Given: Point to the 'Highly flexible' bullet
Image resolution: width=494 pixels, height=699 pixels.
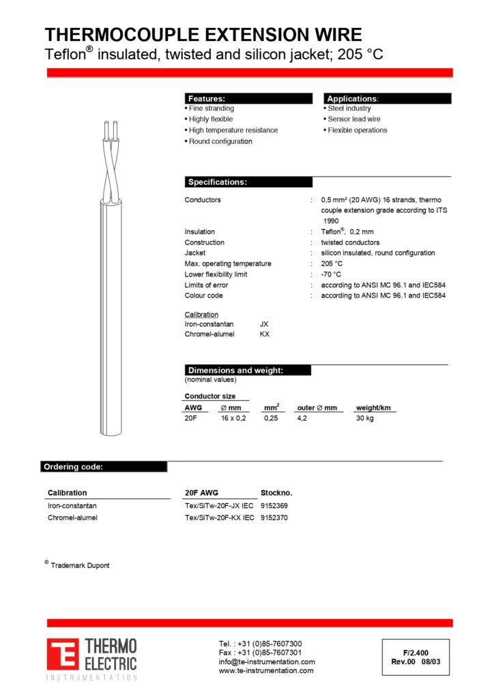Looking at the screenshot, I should point(211,119).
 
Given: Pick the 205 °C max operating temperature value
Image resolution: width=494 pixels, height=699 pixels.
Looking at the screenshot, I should point(332,263).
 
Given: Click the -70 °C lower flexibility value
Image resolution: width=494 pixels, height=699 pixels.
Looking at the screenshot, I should point(331,274).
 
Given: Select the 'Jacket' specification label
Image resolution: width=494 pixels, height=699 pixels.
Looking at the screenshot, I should point(195,253).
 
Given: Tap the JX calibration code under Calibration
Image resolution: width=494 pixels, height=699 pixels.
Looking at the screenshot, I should point(265,324).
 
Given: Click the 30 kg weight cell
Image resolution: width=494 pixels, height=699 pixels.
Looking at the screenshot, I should point(365,418).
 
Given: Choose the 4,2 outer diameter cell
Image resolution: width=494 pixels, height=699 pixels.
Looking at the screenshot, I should point(302,418).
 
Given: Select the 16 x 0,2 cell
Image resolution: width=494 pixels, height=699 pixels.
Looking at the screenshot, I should point(233,418).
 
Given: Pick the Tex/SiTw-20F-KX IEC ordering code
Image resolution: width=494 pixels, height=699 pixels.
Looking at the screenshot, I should point(219,517).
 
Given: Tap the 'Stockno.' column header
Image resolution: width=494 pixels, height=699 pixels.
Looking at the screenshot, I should point(276,493).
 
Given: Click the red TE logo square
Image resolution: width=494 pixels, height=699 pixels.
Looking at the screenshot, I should point(63,653).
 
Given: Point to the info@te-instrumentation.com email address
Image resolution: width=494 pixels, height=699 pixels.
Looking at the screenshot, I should point(267,661).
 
